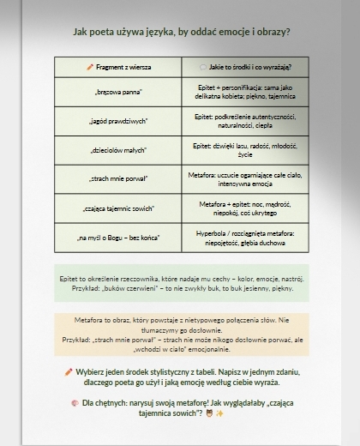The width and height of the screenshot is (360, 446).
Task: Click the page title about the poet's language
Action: (181, 32)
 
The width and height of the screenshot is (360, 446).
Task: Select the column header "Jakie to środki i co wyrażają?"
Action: (245, 67)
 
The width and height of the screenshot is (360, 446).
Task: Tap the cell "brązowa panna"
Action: (118, 92)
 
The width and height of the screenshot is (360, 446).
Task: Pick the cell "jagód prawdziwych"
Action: (118, 121)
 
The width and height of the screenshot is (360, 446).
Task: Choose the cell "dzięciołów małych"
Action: (118, 150)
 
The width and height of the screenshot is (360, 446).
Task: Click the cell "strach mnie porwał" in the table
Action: (118, 178)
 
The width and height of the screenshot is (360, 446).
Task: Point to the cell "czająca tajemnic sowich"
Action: (118, 208)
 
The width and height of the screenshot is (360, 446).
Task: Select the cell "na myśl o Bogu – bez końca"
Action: (118, 237)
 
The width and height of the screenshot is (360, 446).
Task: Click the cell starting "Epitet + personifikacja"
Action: (245, 92)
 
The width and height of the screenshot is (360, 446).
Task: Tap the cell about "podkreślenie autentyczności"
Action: (245, 121)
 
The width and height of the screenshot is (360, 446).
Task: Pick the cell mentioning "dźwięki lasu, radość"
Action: (245, 150)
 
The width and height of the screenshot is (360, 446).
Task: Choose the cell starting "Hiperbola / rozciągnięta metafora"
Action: (245, 237)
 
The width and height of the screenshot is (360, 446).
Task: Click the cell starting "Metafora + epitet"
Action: (245, 208)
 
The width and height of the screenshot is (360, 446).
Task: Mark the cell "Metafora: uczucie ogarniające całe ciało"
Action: (245, 178)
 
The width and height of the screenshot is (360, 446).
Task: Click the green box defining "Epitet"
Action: (181, 284)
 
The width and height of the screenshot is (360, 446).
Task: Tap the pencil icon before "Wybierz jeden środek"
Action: (69, 372)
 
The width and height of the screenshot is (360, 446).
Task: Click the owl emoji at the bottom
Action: (208, 413)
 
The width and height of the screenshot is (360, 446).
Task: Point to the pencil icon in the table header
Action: (90, 67)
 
